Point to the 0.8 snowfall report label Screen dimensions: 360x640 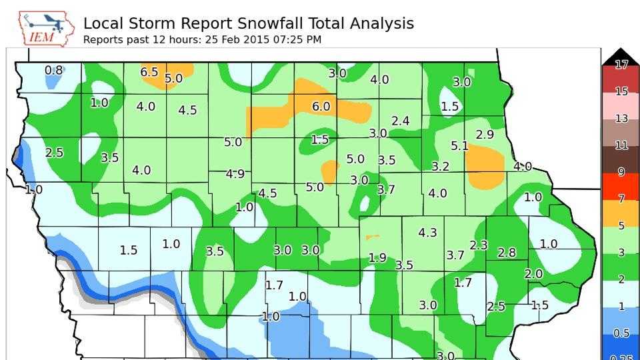pos(53,70)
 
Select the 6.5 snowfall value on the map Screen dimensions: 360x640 pos(149,72)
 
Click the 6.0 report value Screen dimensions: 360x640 pos(321,107)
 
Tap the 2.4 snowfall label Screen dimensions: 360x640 pos(400,121)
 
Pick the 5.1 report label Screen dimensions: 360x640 pos(459,145)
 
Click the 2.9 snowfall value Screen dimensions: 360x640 pos(485,135)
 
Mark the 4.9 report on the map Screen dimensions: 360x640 pos(235,174)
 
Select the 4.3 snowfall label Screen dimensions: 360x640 pos(427,233)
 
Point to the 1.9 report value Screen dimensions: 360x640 pos(377,258)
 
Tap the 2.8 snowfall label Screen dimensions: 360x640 pos(507,253)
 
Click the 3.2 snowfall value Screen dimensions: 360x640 pos(440,167)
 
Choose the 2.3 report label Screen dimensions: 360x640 pos(478,245)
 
